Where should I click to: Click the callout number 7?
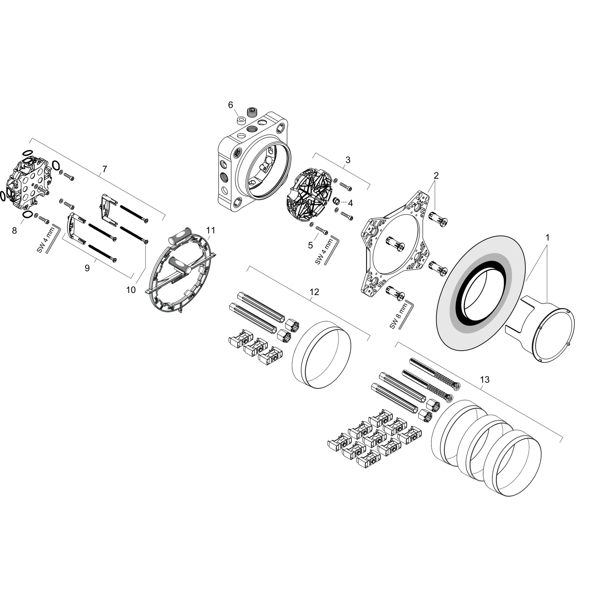tap(105, 169)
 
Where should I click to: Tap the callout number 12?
tap(314, 292)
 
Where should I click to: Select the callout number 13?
tap(484, 380)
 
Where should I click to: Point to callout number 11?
tap(211, 230)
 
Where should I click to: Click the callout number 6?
tap(230, 105)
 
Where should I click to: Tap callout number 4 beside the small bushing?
tap(351, 203)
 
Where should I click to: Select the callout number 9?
tap(87, 268)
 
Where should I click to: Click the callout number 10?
tap(131, 290)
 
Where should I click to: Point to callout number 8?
tap(14, 231)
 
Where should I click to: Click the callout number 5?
tap(310, 245)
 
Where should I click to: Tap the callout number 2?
tap(436, 176)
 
